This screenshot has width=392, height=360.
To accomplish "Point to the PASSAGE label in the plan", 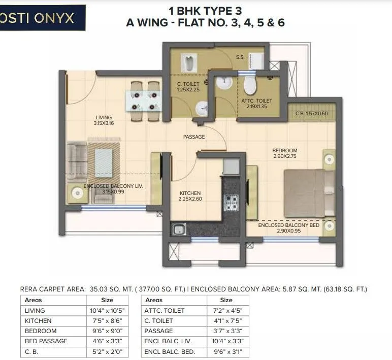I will click(194, 137).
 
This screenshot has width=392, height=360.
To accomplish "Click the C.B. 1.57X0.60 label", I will click(312, 113).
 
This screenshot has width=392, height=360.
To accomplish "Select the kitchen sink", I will click(179, 229).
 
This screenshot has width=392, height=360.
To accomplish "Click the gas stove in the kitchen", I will click(232, 203).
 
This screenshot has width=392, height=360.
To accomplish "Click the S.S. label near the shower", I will click(240, 57).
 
